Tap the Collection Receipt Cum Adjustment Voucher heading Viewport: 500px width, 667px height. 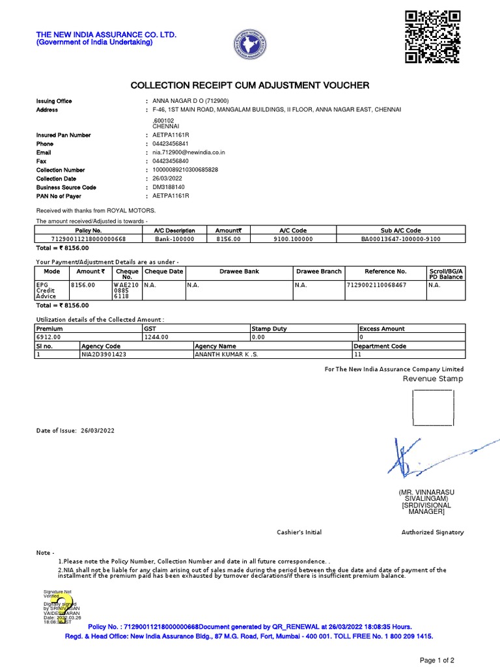tap(250, 85)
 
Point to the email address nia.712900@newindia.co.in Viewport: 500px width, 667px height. tap(188, 152)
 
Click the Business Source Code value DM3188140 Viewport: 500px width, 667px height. tap(168, 188)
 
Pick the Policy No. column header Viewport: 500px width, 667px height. tap(89, 231)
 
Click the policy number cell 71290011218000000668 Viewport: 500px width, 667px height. tap(89, 239)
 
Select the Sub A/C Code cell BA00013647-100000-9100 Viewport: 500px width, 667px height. tap(400, 239)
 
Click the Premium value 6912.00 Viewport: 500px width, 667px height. tap(48, 337)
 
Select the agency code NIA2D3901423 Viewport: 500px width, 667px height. tap(104, 354)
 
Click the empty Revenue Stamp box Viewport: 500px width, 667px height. tap(433, 408)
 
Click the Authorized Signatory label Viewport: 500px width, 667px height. tap(432, 532)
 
